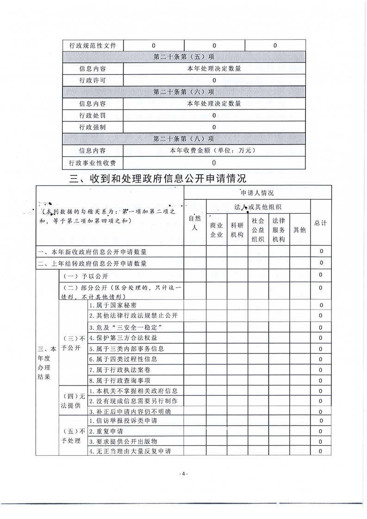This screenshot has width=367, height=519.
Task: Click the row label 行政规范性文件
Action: [93, 45]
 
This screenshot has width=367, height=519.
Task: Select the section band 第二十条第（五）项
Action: [184, 57]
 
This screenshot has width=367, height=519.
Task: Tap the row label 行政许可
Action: [93, 80]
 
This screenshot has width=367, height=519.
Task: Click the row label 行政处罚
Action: [93, 115]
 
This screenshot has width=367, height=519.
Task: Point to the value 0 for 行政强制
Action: [214, 127]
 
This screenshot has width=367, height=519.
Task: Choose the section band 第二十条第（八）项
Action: [184, 139]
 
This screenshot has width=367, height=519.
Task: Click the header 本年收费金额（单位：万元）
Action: [214, 150]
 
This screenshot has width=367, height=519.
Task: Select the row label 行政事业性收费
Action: [93, 162]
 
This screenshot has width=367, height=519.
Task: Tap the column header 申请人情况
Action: [257, 192]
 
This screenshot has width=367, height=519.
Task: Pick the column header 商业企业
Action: [216, 230]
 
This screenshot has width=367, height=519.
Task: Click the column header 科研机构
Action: [237, 230]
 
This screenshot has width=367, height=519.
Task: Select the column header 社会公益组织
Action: [258, 230]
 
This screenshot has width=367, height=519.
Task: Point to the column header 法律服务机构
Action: [279, 230]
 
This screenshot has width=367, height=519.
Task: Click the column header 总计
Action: [320, 223]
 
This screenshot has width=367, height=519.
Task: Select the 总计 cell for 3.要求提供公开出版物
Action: [320, 441]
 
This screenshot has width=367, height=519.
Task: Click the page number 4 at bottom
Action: [183, 474]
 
